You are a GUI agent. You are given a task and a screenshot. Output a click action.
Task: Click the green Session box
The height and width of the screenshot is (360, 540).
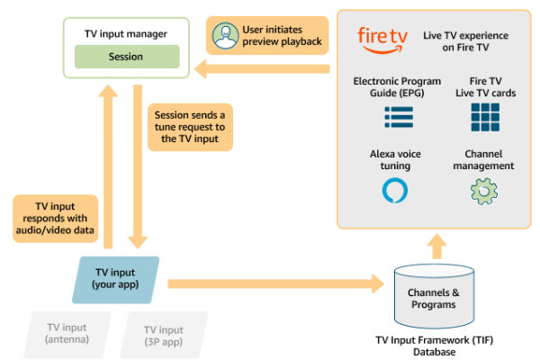tap(126, 57)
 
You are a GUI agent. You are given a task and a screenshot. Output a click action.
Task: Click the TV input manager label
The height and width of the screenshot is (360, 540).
tap(126, 33)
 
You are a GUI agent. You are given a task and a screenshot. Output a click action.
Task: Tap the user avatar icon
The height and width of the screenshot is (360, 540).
tap(224, 35)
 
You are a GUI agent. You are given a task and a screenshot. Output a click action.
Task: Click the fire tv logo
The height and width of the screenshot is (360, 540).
tap(382, 37)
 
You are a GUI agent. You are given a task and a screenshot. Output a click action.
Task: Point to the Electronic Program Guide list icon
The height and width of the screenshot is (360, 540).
tap(398, 116)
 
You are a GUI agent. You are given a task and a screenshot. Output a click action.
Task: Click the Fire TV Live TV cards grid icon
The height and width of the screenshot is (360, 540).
tap(485, 116)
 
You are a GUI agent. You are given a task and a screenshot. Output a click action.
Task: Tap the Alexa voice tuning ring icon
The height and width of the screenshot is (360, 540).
tap(395, 191)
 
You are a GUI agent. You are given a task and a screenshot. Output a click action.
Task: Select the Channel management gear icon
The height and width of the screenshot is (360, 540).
tap(484, 191)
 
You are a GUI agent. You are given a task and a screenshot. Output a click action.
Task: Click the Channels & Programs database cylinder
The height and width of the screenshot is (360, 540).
tap(434, 297)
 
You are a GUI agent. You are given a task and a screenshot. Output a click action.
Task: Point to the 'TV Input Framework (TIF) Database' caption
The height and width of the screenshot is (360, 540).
tap(434, 346)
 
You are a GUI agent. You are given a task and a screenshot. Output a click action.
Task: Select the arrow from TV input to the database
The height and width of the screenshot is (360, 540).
tap(270, 283)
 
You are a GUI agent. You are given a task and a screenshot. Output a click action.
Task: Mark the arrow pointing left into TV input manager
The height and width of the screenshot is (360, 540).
tap(261, 68)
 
